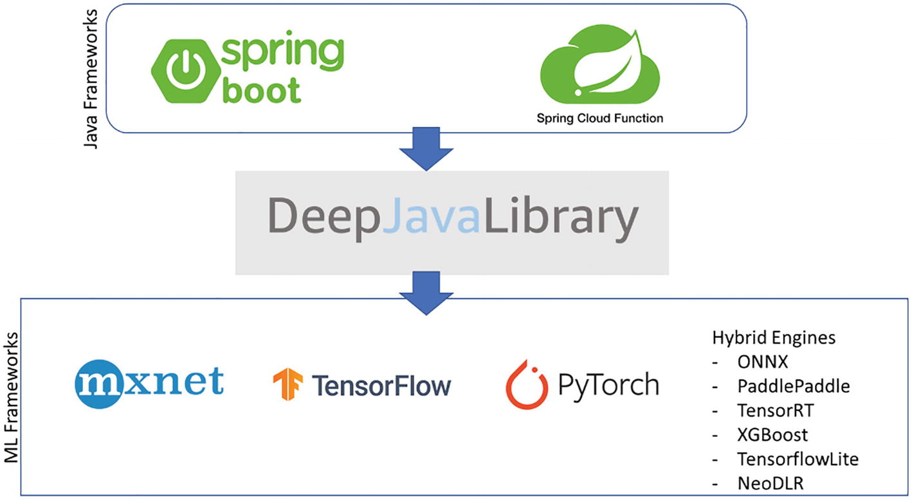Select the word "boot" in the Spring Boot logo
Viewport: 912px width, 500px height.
(x=261, y=90)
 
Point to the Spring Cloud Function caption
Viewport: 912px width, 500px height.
(x=600, y=118)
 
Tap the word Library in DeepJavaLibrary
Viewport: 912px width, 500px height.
(x=560, y=219)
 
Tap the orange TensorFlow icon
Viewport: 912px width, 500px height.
(x=287, y=385)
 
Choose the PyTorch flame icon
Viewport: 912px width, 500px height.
(x=526, y=385)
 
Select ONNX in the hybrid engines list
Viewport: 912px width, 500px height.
(x=762, y=362)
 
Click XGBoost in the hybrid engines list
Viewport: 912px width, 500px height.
(x=772, y=435)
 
